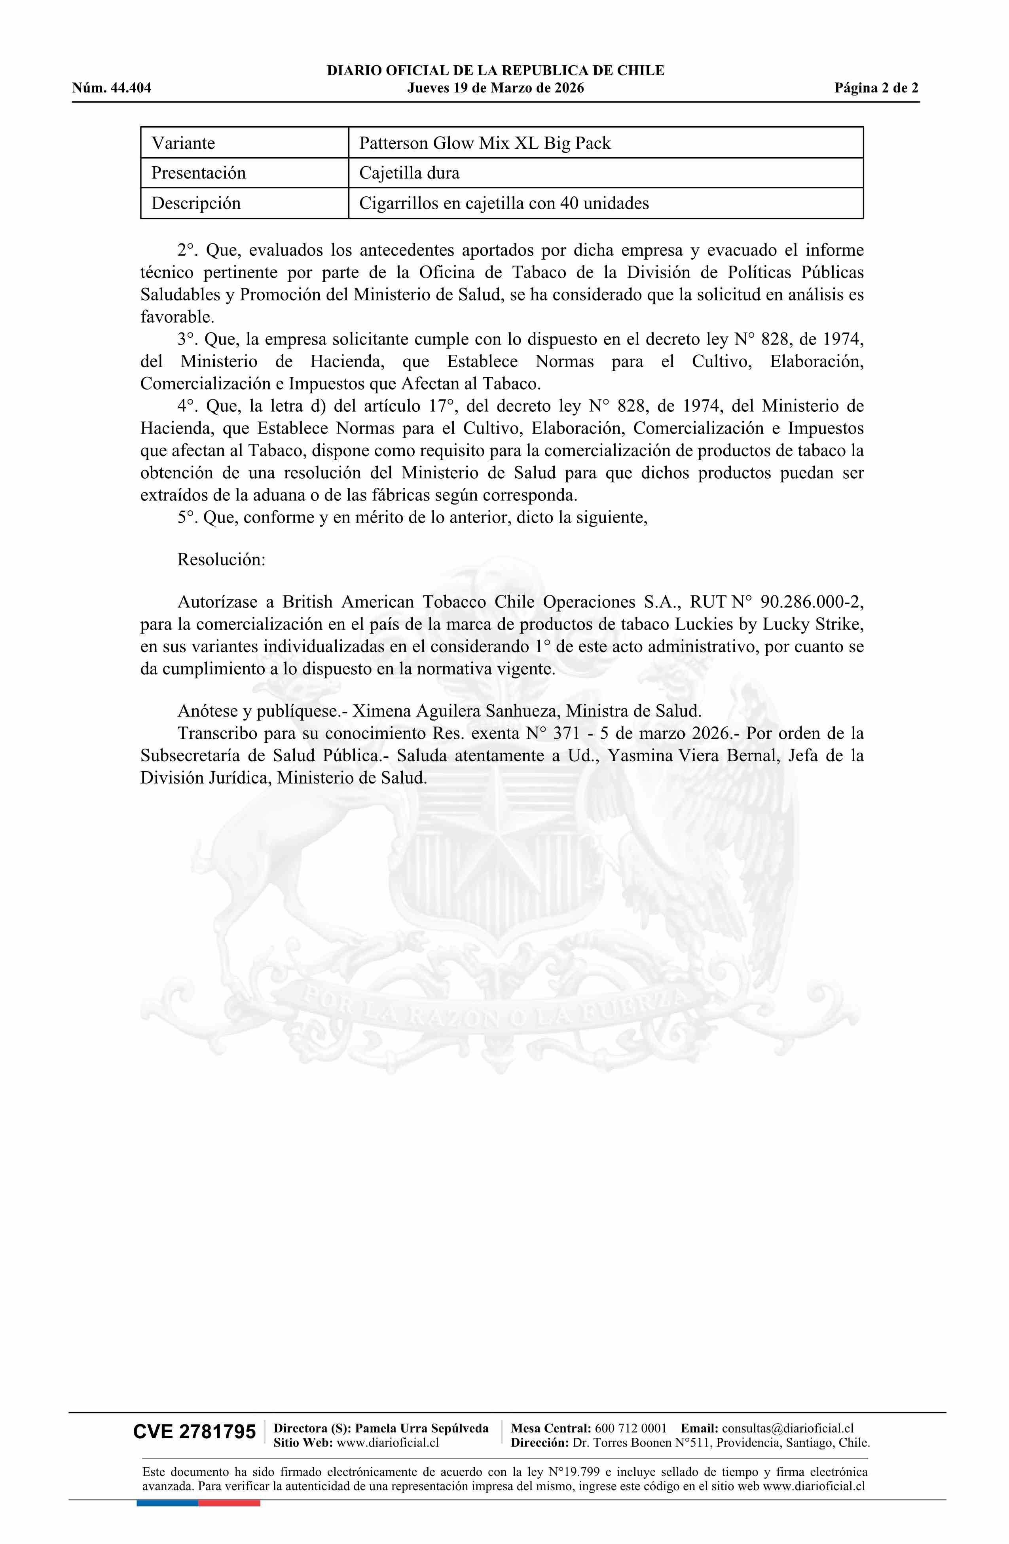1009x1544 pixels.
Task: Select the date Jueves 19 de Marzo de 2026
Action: (495, 88)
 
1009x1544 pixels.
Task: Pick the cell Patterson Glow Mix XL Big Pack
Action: (485, 143)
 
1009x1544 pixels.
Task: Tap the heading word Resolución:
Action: (221, 560)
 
